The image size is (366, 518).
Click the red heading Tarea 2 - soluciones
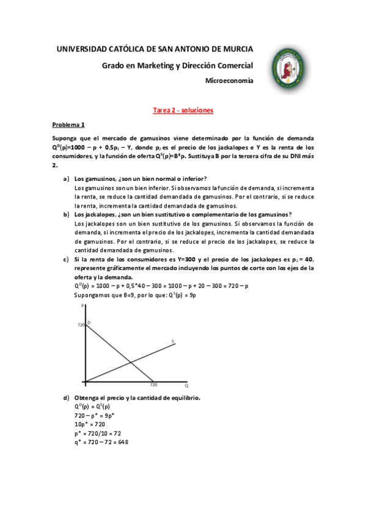pyautogui.click(x=181, y=111)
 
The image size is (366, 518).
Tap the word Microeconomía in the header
pyautogui.click(x=229, y=81)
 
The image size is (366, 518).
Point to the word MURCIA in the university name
pyautogui.click(x=236, y=48)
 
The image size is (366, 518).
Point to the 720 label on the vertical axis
pyautogui.click(x=81, y=325)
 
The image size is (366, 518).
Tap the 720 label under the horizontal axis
pyautogui.click(x=153, y=386)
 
